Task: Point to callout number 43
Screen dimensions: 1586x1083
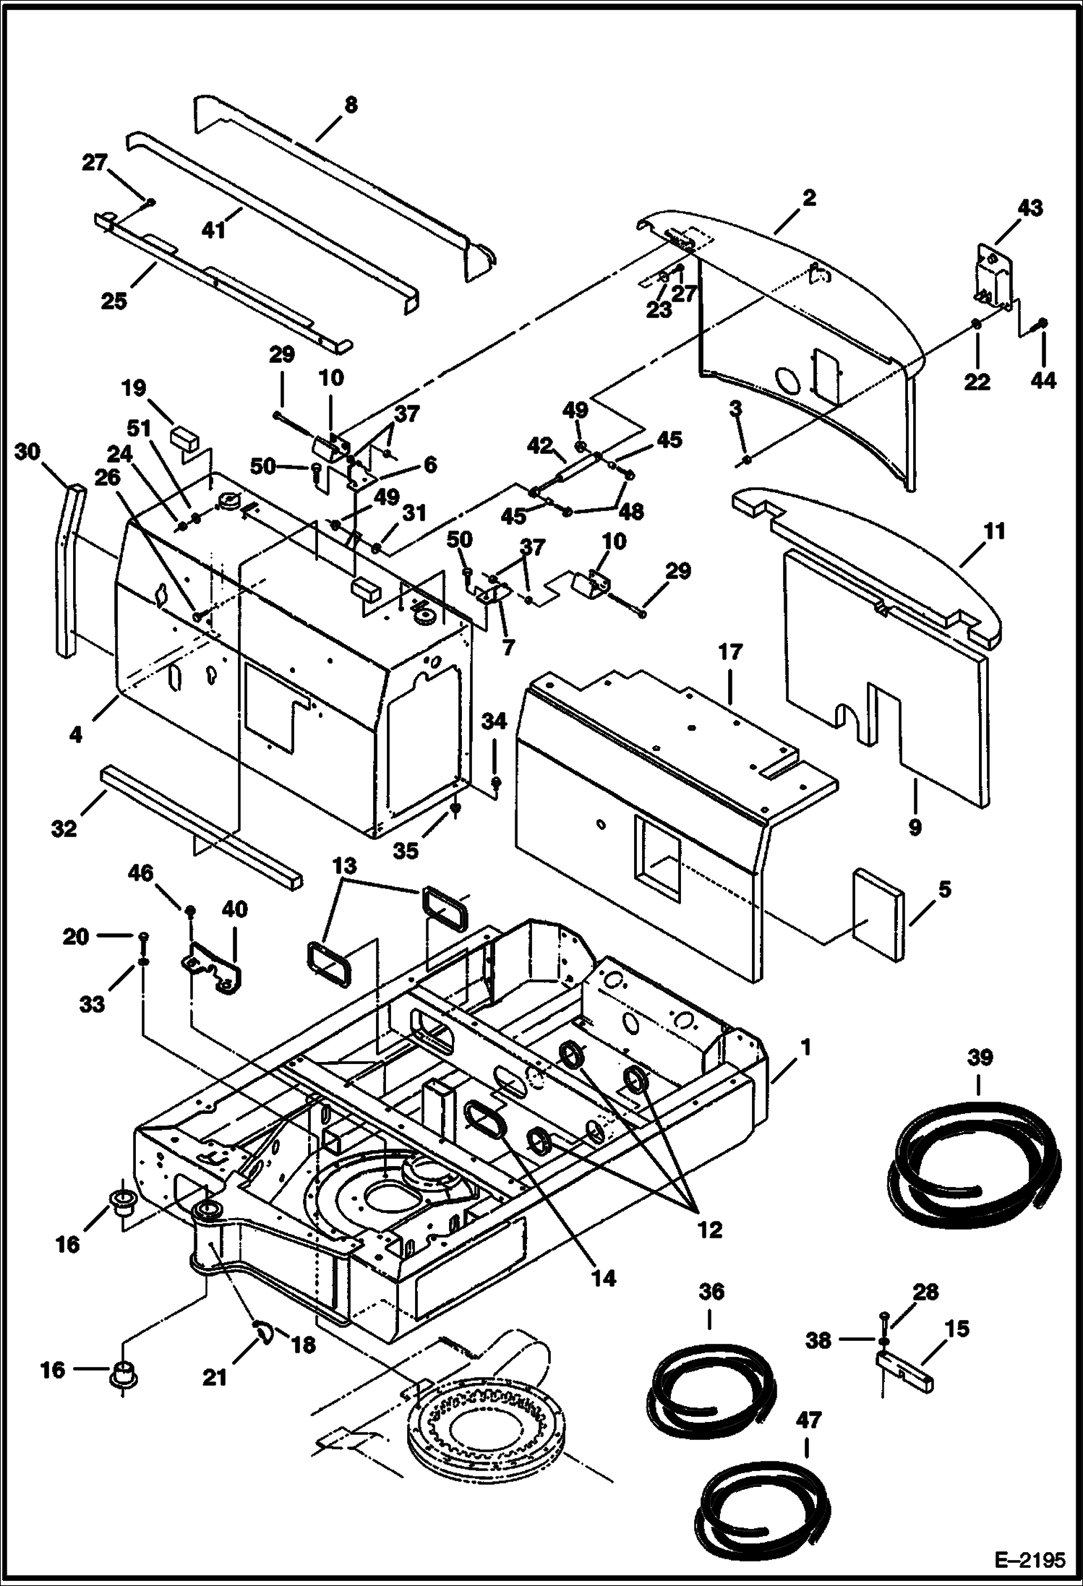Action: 1030,208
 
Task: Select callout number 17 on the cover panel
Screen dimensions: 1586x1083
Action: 730,652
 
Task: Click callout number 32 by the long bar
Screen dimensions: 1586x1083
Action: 64,828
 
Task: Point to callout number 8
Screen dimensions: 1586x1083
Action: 350,105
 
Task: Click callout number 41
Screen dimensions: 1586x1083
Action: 214,230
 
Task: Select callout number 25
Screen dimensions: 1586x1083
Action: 114,300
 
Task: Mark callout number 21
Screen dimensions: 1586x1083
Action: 214,1378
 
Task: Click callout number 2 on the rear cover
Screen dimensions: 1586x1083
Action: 808,197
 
